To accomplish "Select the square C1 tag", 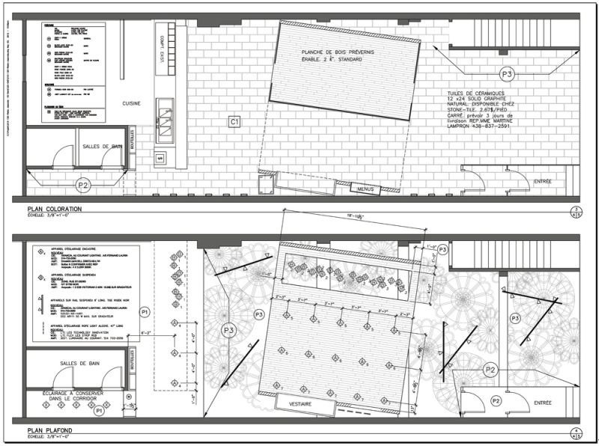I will point(234,120).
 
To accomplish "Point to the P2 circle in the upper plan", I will point(84,183).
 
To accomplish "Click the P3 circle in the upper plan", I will point(508,75).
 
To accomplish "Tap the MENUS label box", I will point(365,189).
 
